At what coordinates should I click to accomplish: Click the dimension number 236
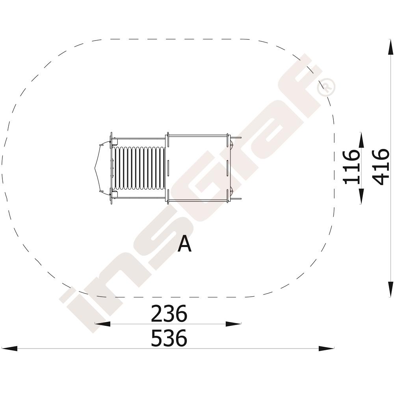[x=169, y=313]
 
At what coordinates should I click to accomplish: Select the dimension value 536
[x=169, y=338]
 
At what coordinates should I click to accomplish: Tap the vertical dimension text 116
[x=351, y=167]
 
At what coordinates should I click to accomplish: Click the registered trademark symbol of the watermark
[x=326, y=87]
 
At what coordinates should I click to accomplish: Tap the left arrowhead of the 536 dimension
[x=9, y=349]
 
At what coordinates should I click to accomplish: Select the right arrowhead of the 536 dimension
[x=326, y=349]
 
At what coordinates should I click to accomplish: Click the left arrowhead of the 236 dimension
[x=102, y=324]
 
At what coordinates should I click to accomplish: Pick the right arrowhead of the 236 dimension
[x=233, y=324]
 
